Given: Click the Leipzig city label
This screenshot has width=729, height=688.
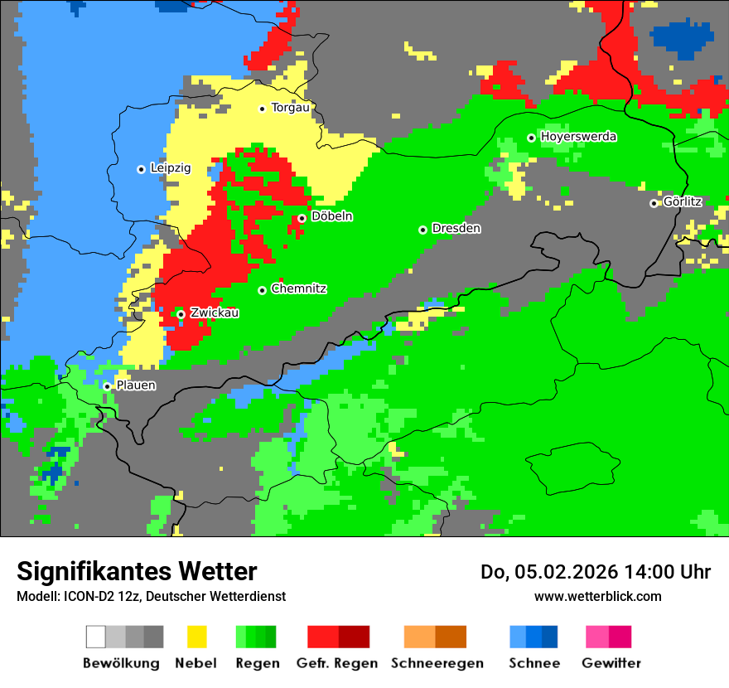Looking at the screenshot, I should (171, 168).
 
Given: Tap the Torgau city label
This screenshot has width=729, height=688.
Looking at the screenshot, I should (290, 108).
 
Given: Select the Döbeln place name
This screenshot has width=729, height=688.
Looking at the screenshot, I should (331, 216).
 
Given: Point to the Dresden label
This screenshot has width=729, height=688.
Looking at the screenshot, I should (456, 228).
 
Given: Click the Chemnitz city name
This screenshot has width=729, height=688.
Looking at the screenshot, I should (298, 289).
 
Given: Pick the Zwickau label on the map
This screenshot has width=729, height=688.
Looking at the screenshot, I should (215, 313).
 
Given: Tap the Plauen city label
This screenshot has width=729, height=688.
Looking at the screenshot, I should (136, 385).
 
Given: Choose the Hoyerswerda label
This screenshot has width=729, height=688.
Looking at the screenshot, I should (578, 137).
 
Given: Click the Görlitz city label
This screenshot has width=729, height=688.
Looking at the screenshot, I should (683, 201).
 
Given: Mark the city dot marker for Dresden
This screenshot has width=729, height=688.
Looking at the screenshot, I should (422, 230).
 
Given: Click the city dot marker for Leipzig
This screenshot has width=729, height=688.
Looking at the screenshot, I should (141, 169).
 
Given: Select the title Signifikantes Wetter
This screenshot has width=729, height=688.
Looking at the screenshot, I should (137, 572).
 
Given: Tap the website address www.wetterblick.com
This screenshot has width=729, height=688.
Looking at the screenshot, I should (597, 597).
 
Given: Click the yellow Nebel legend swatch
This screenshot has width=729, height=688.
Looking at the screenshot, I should (196, 637).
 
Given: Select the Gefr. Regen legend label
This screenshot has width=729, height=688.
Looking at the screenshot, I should (337, 663).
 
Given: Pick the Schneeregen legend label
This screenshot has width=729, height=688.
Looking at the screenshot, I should (436, 663).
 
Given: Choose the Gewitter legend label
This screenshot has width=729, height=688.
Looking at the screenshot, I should (611, 663).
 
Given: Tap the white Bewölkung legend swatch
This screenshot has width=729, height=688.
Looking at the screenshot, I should (96, 637).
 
